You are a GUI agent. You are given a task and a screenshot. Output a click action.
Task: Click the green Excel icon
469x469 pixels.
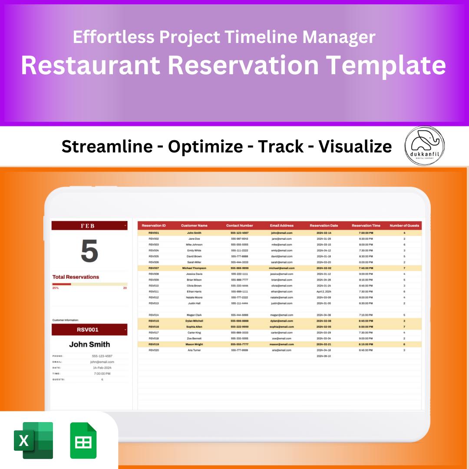(33, 440)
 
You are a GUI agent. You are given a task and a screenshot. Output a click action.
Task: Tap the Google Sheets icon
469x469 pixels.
(83, 440)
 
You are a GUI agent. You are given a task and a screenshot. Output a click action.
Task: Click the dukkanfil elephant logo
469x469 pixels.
(424, 145)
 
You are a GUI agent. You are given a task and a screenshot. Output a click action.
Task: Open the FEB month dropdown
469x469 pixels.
(125, 226)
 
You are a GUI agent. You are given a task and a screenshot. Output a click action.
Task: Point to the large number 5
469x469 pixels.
(89, 251)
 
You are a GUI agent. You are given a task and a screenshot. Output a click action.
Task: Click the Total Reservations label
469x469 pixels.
(76, 277)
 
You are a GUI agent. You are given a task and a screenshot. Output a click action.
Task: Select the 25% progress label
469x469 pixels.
(56, 288)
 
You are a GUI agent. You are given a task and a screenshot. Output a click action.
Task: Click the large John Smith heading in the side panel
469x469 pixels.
(89, 344)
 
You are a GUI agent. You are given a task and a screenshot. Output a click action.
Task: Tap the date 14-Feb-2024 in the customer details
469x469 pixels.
(102, 367)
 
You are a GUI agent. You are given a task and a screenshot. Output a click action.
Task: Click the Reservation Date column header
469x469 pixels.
(324, 225)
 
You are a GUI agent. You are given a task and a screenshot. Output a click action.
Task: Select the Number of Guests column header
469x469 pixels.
(404, 225)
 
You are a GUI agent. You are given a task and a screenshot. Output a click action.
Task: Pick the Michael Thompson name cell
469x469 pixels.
(194, 268)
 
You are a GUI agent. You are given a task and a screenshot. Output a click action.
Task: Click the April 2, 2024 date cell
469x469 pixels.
(324, 291)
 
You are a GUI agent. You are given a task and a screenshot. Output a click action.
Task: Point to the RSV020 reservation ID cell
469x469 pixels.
(154, 350)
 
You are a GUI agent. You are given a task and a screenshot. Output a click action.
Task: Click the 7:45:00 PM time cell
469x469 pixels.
(366, 268)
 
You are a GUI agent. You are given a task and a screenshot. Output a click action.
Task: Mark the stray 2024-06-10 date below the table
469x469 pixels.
(324, 356)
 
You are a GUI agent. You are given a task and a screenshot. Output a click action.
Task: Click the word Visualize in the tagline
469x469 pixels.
(355, 147)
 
